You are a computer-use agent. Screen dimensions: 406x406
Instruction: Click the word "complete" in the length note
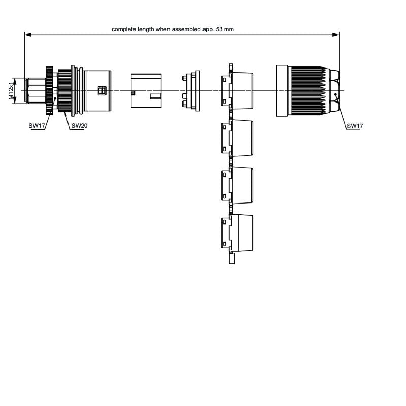124,29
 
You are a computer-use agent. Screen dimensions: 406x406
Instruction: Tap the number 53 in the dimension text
219,29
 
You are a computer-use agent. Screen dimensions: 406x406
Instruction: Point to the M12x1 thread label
11,91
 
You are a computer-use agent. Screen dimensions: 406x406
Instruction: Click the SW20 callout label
79,125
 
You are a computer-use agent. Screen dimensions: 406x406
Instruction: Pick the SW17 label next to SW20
38,125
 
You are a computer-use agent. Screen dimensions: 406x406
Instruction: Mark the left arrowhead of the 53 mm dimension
27,35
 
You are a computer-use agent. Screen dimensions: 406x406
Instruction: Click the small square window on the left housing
100,90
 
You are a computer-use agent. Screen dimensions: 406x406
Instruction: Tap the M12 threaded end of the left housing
34,91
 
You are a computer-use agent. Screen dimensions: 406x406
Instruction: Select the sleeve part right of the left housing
146,90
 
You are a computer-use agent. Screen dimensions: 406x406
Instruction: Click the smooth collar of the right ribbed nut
282,90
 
